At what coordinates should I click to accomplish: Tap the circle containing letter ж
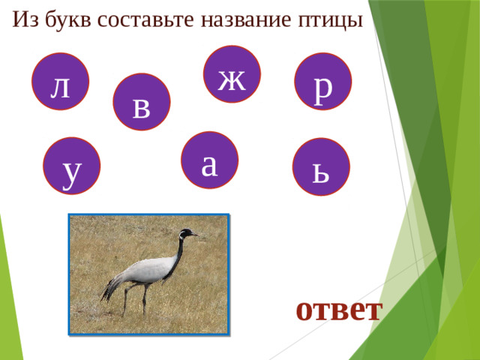coord(232,74)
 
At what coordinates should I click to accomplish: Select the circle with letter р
coord(323,82)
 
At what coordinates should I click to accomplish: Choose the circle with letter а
coord(211,160)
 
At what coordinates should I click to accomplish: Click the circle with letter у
coord(71,166)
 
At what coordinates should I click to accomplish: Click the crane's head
coord(184,234)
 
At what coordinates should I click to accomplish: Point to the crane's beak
coord(194,235)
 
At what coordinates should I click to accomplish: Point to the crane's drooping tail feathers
coord(111,289)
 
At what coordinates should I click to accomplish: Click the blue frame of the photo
coord(69,274)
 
